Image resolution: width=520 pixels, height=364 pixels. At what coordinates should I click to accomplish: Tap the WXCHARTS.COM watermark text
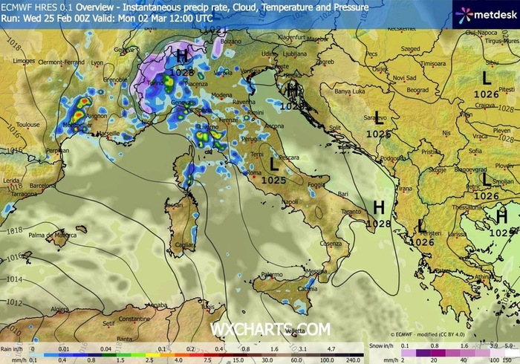coord(270,328)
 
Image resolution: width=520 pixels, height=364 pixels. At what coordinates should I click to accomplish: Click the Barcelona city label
coord(44,186)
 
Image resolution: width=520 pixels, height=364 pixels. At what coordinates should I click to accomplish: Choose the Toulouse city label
coord(27,125)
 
